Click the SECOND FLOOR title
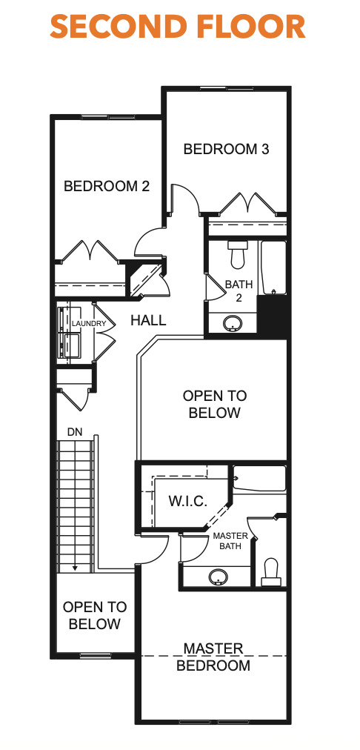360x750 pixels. coord(178,27)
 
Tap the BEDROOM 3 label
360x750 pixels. coord(226,149)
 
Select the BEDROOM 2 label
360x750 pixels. coord(107,185)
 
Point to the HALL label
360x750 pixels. coord(148,320)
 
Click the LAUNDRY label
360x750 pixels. coord(89,324)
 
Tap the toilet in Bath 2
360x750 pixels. coord(237,254)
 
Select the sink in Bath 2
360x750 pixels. coord(233,324)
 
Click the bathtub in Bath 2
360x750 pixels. coord(273,268)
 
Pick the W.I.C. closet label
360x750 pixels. coord(187,501)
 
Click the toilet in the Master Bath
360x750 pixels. coord(271,571)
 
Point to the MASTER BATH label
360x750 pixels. coord(230,540)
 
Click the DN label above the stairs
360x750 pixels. coord(75,432)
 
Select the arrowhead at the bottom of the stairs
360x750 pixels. coord(75,568)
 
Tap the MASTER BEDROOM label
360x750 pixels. coord(213,657)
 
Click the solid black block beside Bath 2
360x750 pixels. coord(272,316)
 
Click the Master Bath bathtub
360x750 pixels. coord(259,478)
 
